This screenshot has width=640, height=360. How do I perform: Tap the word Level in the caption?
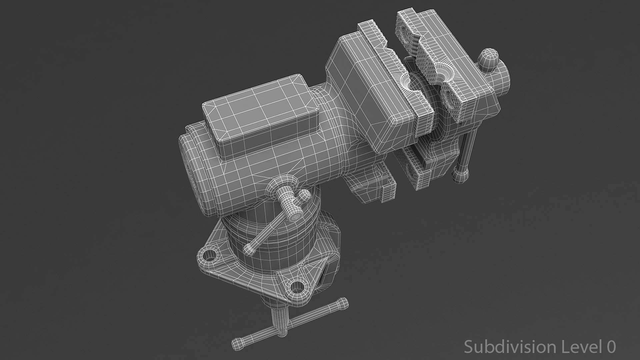[x=577, y=347]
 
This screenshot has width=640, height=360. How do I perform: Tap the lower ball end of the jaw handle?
[x=460, y=175]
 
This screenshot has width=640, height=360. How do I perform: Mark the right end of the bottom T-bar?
[x=343, y=303]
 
